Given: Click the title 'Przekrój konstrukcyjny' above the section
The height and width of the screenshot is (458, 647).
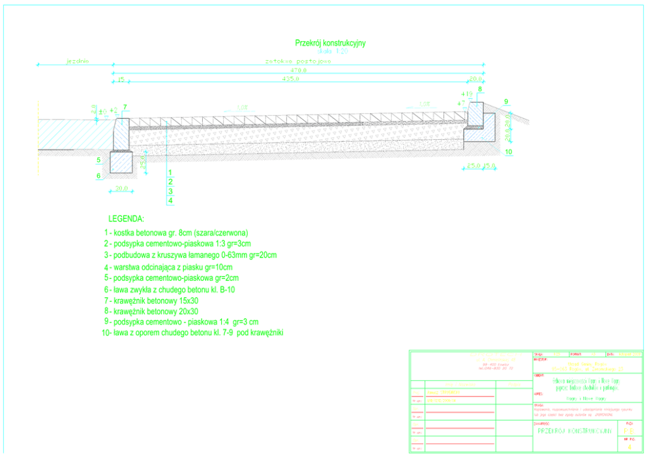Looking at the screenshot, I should coord(330,42).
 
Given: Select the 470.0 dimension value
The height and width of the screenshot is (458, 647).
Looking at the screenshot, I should coord(299,71).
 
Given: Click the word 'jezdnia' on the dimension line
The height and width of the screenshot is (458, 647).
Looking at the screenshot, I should coord(77,61).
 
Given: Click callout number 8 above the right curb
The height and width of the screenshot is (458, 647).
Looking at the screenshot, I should coord(479,89).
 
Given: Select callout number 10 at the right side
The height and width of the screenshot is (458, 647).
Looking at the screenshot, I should coord(509,152).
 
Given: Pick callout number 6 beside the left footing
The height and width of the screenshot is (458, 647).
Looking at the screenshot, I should coord(98,176).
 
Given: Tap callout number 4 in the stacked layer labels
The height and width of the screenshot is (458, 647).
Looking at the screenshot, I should coord(170,201).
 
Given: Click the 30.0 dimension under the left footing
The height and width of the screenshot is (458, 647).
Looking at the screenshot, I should coord(121,188).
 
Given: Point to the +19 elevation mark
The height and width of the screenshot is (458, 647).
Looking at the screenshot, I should coord(466,95).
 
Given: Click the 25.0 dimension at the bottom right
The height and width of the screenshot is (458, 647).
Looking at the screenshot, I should coord(472,166).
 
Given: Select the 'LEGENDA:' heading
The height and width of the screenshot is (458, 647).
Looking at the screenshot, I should coord(126,218).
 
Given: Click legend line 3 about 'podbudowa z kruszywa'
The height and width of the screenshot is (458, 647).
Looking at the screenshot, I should coord(190,255).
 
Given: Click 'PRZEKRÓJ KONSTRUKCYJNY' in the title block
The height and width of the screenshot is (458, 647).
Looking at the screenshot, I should coord(574,431).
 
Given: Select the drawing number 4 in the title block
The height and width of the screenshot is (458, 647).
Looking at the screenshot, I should coord(629,447).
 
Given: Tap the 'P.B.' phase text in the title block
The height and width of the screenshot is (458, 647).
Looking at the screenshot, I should coord(628,431).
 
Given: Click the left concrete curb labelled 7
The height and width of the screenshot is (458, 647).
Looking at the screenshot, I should coord(122,134).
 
